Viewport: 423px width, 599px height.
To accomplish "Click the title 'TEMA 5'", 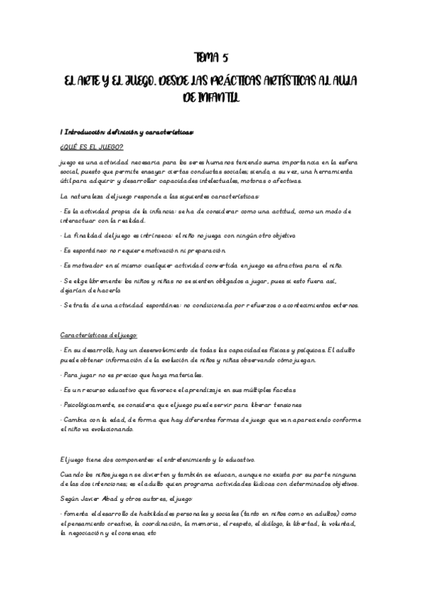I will (x=211, y=59).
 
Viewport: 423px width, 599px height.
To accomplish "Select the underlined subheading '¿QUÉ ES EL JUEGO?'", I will (x=92, y=147).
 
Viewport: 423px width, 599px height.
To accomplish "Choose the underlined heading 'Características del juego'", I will (x=99, y=335).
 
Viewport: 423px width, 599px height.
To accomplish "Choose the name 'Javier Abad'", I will (x=103, y=499).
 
